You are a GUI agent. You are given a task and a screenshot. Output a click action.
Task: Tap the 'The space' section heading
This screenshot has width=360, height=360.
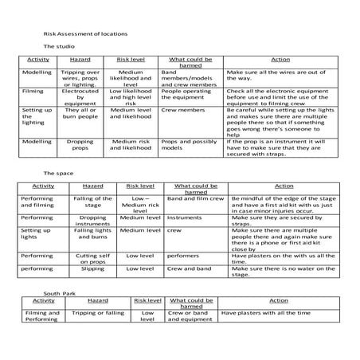pyautogui.click(x=57, y=173)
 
